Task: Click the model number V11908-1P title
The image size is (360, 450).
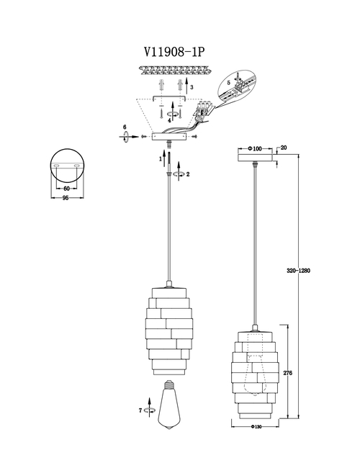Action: pyautogui.click(x=174, y=52)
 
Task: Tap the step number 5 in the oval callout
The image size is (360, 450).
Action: pyautogui.click(x=228, y=83)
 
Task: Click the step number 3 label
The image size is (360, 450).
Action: pyautogui.click(x=192, y=87)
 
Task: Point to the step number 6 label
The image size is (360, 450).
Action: pyautogui.click(x=125, y=127)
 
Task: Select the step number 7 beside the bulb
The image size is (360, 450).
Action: pyautogui.click(x=140, y=410)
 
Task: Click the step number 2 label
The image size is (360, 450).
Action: pyautogui.click(x=188, y=174)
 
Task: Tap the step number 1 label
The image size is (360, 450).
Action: pyautogui.click(x=161, y=158)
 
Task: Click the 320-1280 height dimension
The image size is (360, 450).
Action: pyautogui.click(x=299, y=271)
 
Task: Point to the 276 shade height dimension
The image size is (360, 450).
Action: pyautogui.click(x=288, y=373)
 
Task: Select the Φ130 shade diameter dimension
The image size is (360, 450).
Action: pyautogui.click(x=256, y=427)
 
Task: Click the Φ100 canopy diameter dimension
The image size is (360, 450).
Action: pyautogui.click(x=255, y=148)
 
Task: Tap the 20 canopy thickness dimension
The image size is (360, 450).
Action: pyautogui.click(x=284, y=148)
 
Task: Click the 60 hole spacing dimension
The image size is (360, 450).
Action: pyautogui.click(x=67, y=189)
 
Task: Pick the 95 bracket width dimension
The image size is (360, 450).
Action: pyautogui.click(x=66, y=198)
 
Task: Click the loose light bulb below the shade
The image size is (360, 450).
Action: pyautogui.click(x=168, y=404)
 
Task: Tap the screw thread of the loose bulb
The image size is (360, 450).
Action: pyautogui.click(x=168, y=384)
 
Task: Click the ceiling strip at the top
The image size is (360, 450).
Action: pyautogui.click(x=176, y=70)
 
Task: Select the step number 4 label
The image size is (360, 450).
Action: pyautogui.click(x=169, y=121)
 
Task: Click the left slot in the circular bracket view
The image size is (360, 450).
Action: pyautogui.click(x=56, y=166)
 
